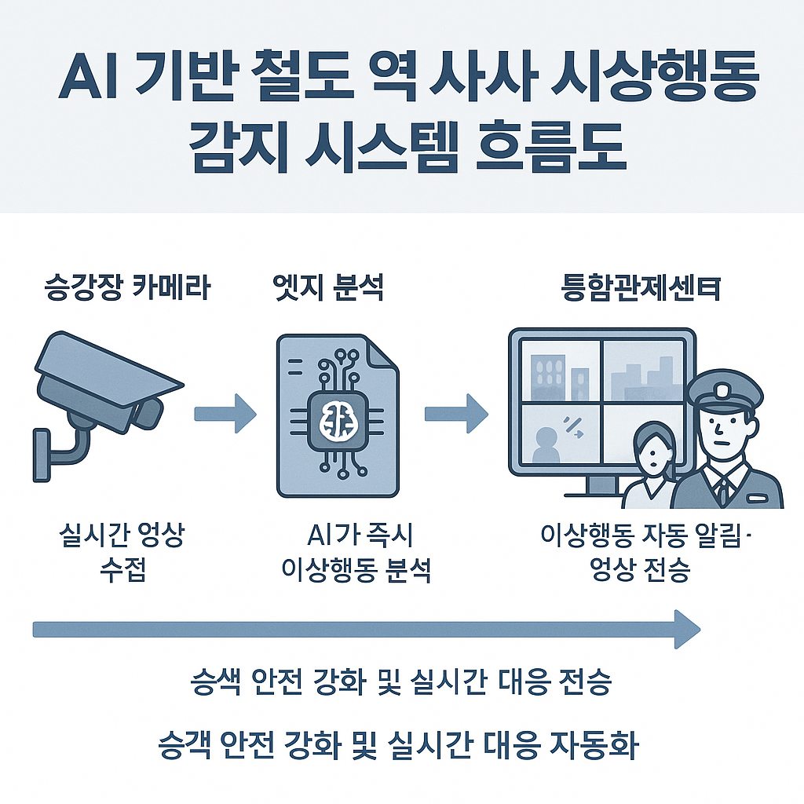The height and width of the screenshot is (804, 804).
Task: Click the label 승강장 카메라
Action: pos(126,288)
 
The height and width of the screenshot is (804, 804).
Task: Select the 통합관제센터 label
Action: pos(641,288)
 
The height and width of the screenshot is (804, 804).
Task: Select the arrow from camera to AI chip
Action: pos(225,411)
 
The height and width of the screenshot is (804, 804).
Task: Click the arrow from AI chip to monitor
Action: pos(455,411)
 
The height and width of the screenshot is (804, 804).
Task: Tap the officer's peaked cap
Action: pos(723,389)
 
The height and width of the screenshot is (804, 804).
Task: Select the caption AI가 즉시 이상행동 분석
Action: pos(357,554)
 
